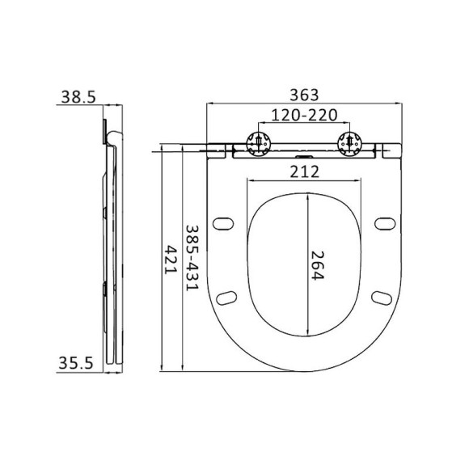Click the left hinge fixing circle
258,142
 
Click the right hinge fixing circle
350,142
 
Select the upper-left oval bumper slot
224,222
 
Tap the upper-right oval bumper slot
384,222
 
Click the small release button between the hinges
304,154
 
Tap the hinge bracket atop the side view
107,128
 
